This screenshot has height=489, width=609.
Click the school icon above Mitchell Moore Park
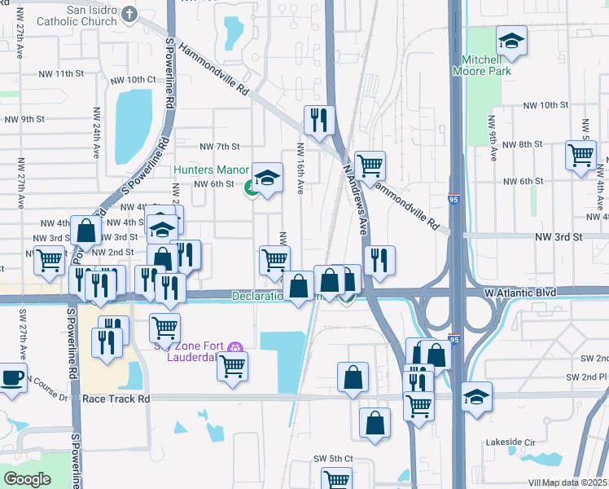(511, 41)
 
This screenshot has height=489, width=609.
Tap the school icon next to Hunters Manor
(267, 177)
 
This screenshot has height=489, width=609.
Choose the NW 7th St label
(220, 147)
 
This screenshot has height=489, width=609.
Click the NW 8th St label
(522, 144)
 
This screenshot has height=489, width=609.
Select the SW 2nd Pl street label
(589, 377)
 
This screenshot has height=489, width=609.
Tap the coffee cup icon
(11, 377)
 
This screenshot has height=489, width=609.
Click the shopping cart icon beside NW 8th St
(581, 154)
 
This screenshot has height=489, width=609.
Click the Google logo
(28, 478)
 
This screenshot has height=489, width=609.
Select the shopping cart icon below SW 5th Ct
(335, 480)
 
